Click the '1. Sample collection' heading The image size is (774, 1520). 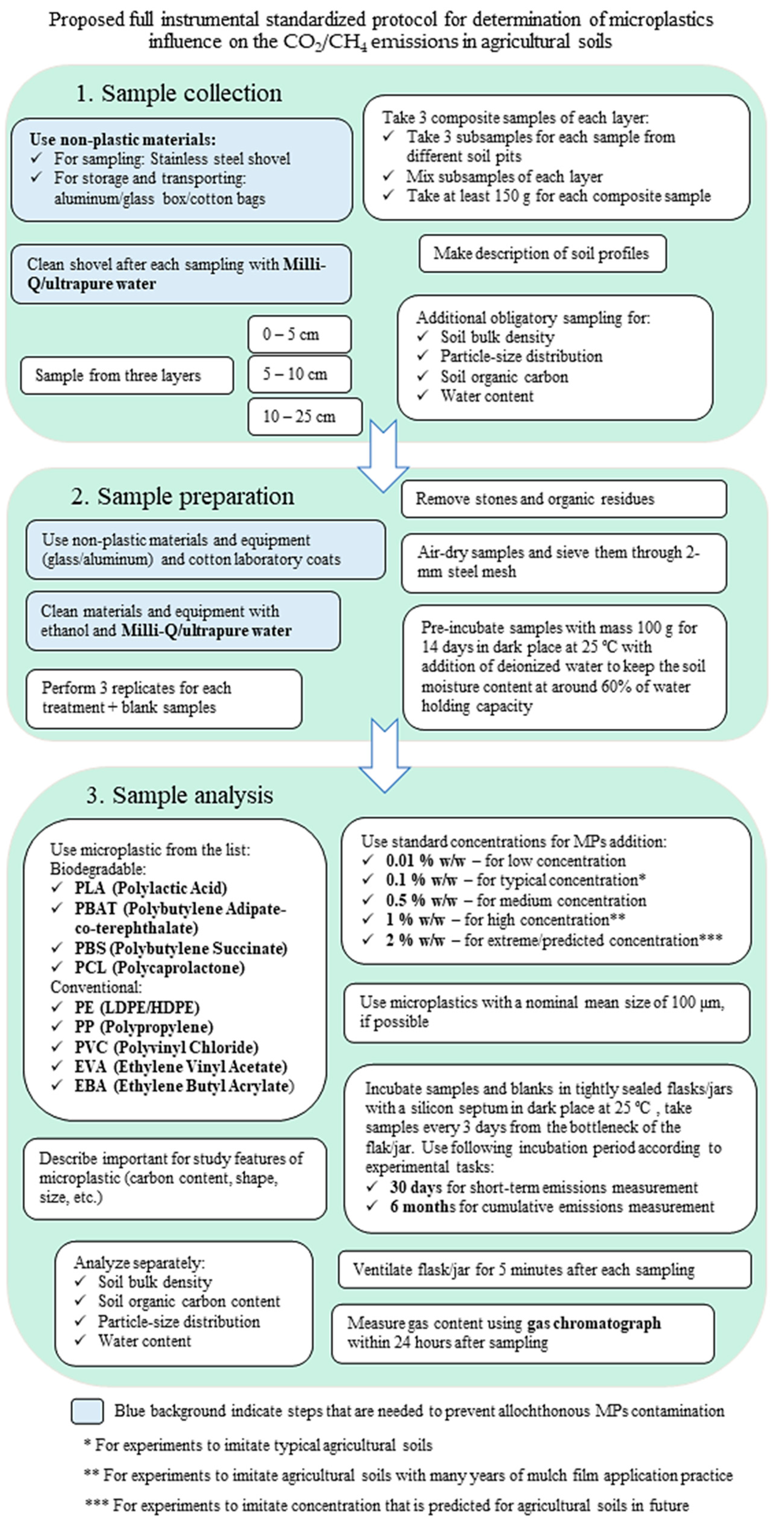pyautogui.click(x=179, y=93)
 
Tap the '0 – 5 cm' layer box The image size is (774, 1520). pyautogui.click(x=299, y=335)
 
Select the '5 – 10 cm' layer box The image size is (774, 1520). pyautogui.click(x=299, y=374)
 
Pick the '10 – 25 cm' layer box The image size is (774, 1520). pyautogui.click(x=305, y=417)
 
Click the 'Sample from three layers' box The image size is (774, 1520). pyautogui.click(x=126, y=375)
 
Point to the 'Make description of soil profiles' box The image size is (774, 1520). pyautogui.click(x=542, y=254)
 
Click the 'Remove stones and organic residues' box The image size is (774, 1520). pyautogui.click(x=563, y=499)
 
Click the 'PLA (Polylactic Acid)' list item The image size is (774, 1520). pyautogui.click(x=151, y=888)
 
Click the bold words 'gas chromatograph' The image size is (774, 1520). pyautogui.click(x=594, y=1324)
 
